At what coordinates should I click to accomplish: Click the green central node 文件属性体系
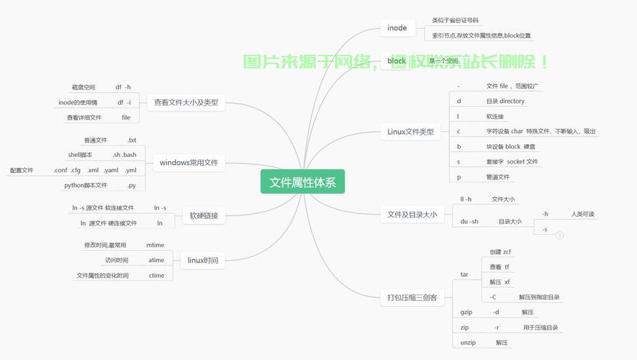(x=302, y=182)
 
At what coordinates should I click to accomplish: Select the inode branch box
(x=397, y=28)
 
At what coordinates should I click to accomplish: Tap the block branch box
(x=397, y=61)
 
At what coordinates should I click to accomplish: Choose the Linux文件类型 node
(x=410, y=132)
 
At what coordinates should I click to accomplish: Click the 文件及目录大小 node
(x=412, y=214)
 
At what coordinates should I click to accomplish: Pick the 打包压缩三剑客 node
(x=412, y=297)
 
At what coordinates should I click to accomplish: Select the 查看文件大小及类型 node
(x=186, y=103)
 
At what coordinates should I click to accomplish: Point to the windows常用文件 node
(x=189, y=163)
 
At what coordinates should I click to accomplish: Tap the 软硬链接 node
(x=203, y=215)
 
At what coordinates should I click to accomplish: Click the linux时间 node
(x=202, y=261)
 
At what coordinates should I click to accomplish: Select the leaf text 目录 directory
(x=505, y=102)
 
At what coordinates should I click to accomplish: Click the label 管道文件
(x=497, y=177)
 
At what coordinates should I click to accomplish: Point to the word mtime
(x=155, y=246)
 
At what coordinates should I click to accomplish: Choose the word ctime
(x=156, y=276)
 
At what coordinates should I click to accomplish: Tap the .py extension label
(x=131, y=185)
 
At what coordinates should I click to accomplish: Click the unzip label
(x=468, y=343)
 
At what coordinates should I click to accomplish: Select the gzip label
(x=466, y=312)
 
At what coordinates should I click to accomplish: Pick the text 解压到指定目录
(x=538, y=297)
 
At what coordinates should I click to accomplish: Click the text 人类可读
(x=582, y=215)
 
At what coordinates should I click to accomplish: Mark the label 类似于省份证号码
(x=455, y=21)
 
